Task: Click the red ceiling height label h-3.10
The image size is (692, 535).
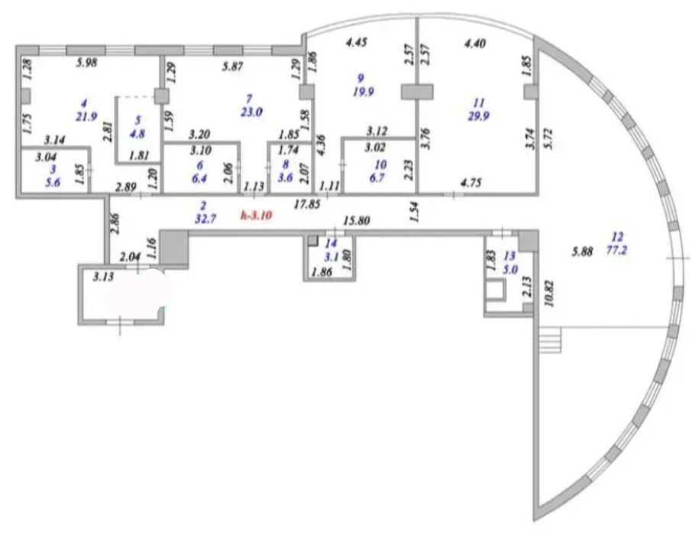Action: pos(255,216)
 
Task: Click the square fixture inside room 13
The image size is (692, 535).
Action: pos(496,290)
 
